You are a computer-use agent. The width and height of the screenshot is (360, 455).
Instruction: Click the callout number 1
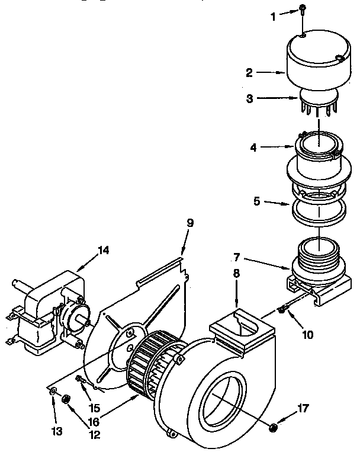click(274, 17)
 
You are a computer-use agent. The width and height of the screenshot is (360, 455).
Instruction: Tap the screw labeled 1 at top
click(302, 9)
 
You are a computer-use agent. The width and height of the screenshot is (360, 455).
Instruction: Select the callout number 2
click(249, 73)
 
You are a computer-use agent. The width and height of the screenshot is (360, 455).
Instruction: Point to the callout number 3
click(250, 100)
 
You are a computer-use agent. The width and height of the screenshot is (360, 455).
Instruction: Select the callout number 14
click(104, 250)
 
